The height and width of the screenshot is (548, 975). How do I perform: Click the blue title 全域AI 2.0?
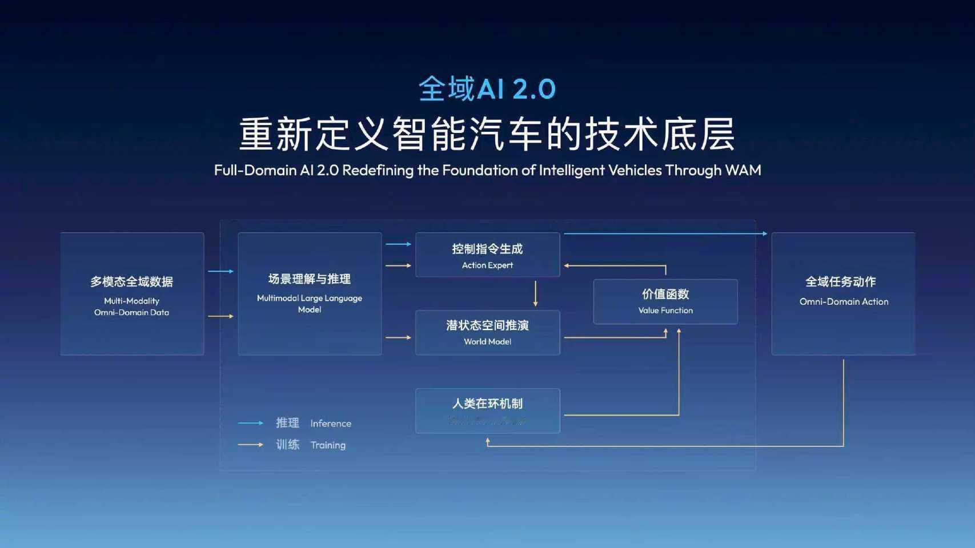click(x=487, y=89)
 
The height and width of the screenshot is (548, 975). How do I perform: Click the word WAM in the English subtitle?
click(x=743, y=170)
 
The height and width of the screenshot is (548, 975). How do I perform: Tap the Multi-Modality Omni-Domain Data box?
click(x=132, y=294)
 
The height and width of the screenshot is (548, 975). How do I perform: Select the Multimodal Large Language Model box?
click(x=310, y=294)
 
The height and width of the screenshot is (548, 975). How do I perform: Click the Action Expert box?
click(x=487, y=255)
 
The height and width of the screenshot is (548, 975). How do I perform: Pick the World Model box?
click(x=487, y=333)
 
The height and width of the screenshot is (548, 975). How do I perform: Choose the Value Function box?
click(x=665, y=302)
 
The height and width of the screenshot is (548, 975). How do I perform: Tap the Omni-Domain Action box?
click(x=843, y=294)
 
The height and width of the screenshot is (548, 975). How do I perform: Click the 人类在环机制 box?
click(x=487, y=410)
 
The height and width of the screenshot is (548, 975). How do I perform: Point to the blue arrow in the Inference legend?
click(x=250, y=423)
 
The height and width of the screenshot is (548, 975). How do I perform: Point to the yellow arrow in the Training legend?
click(x=250, y=445)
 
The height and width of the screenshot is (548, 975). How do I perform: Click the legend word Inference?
click(x=331, y=424)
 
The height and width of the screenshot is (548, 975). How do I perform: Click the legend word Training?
click(x=328, y=445)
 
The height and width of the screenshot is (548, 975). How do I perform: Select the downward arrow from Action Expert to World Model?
click(x=535, y=293)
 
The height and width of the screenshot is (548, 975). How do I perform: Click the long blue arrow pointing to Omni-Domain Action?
click(x=665, y=233)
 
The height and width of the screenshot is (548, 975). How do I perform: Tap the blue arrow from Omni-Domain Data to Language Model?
click(x=220, y=271)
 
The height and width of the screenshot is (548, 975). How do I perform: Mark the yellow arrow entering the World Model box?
click(x=399, y=337)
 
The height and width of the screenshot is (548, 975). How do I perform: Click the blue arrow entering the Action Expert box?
click(x=399, y=244)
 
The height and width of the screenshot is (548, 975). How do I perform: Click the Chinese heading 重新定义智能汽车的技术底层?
click(x=487, y=134)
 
